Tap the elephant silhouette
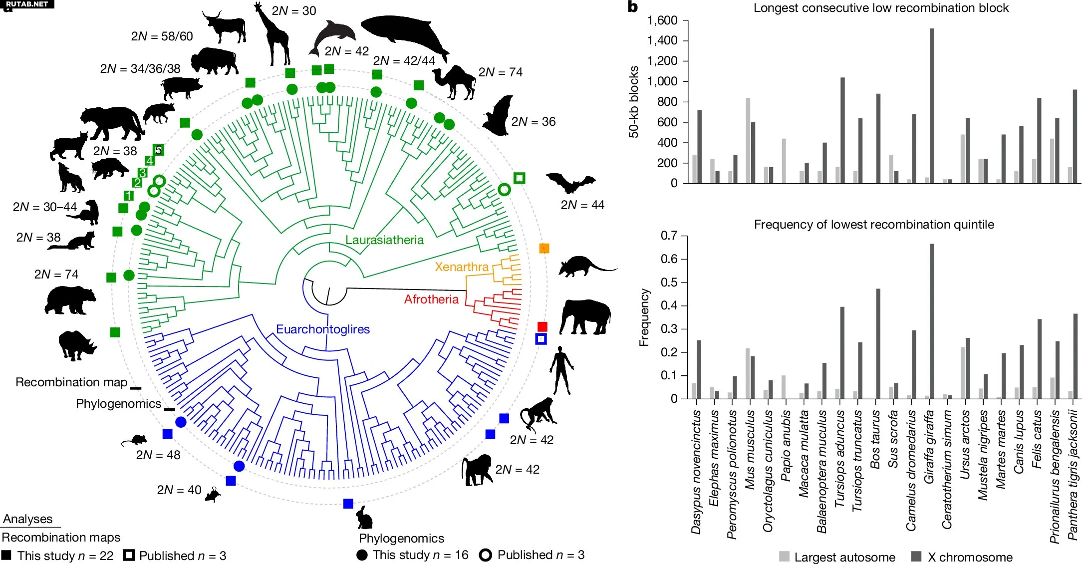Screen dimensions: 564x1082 585,316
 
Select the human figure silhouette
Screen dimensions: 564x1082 562,369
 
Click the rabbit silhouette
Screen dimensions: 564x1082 365,518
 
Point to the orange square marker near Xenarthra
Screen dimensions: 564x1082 544,248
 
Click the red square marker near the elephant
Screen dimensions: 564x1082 542,326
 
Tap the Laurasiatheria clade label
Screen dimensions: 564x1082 384,240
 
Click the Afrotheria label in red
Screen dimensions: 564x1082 431,299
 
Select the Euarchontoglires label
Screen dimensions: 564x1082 323,329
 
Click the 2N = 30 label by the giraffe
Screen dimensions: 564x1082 294,11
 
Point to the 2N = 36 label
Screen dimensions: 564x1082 533,122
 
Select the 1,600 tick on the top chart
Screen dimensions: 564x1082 662,20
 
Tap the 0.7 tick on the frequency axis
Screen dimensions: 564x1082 669,236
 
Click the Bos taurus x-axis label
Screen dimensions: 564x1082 875,439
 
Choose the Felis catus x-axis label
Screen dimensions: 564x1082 1037,439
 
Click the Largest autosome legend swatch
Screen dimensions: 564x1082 784,557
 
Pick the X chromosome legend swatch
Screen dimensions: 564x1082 916,557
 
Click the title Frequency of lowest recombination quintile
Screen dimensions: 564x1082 874,225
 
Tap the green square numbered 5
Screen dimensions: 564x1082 158,150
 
